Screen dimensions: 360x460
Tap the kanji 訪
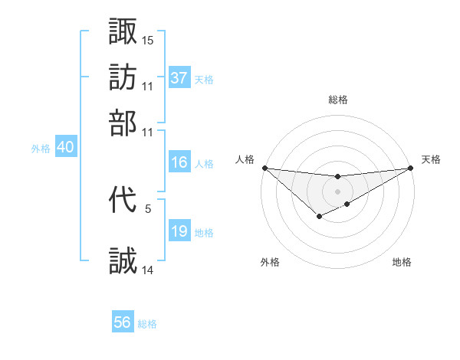[x=123, y=77]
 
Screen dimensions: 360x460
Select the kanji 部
[x=123, y=123]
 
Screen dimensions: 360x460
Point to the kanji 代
[x=123, y=201]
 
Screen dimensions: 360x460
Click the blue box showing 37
[x=179, y=78]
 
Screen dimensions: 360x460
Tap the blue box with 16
[x=179, y=162]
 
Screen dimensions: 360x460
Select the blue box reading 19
[x=179, y=231]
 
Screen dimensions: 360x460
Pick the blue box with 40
[x=65, y=148]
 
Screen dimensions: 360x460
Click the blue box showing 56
[x=123, y=322]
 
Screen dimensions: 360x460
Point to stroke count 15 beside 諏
[x=148, y=40]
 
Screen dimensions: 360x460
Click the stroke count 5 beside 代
[x=148, y=208]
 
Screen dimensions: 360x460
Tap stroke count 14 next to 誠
[x=148, y=270]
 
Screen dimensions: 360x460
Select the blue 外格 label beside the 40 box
[x=41, y=149]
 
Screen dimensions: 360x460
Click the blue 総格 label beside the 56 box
[x=147, y=324]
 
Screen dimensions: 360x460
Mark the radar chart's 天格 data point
[x=410, y=169]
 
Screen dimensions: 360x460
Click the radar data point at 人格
[x=264, y=168]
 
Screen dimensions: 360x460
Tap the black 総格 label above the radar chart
[x=337, y=100]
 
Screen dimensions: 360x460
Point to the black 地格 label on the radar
[x=402, y=262]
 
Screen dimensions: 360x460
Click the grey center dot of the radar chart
[x=337, y=191]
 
